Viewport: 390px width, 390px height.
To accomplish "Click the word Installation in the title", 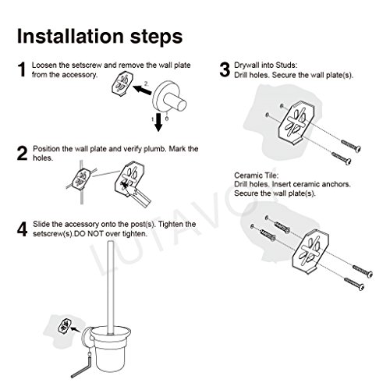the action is tap(70, 36).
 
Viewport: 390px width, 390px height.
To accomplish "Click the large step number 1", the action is tap(22, 69).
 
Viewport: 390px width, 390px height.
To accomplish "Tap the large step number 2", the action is tap(23, 154).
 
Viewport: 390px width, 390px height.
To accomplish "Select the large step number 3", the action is tap(225, 69).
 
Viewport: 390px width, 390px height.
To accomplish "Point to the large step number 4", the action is tap(23, 229).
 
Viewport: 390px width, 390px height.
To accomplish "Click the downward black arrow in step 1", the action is tap(158, 122).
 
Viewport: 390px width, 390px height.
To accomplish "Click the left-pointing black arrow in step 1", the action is tap(142, 90).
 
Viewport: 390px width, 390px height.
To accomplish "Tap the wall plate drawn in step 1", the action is tap(122, 84).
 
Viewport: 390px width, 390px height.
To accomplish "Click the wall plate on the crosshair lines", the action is tap(81, 179).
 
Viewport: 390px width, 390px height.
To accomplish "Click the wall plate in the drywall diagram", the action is tap(296, 122).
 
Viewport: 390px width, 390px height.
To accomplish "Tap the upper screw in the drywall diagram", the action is tap(351, 146).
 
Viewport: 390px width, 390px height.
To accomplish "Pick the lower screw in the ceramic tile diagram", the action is tap(354, 284).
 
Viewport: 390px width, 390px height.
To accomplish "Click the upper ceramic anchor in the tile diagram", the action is tap(282, 227).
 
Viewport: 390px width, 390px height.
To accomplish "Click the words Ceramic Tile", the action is tap(256, 175).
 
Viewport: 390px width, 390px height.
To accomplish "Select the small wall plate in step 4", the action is tap(63, 325).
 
